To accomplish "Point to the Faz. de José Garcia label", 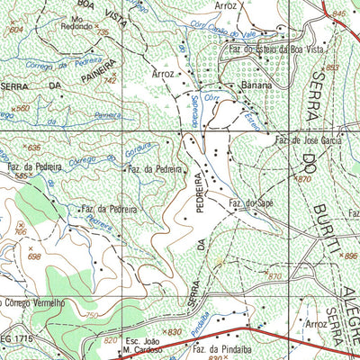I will (x=309, y=141).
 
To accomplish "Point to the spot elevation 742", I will (x=110, y=81).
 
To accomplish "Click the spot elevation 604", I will (x=15, y=30).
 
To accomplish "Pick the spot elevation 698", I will (x=34, y=256).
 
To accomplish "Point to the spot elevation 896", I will (x=350, y=256).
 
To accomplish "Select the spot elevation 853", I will (x=333, y=67).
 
